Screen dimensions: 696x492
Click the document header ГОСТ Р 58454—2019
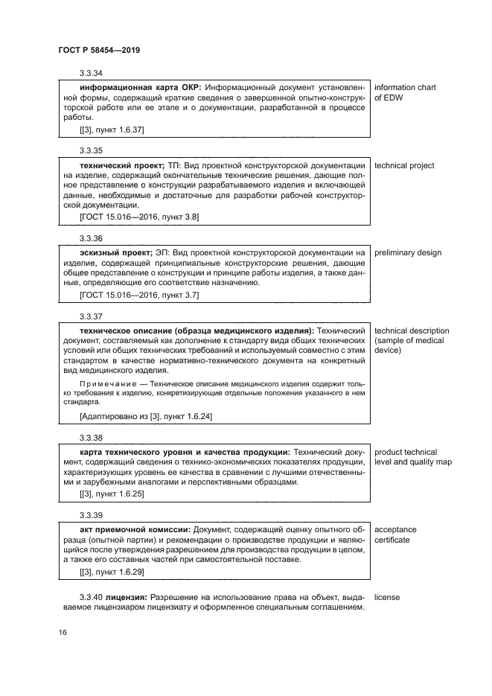(99, 50)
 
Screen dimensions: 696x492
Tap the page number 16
(63, 632)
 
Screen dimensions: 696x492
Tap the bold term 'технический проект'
(119, 165)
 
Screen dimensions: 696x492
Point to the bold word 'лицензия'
(127, 597)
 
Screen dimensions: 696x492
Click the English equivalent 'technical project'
(404, 165)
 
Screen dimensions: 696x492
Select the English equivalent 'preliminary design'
(407, 253)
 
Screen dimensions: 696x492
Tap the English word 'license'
(388, 597)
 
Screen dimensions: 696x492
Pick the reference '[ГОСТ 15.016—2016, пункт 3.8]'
(138, 217)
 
